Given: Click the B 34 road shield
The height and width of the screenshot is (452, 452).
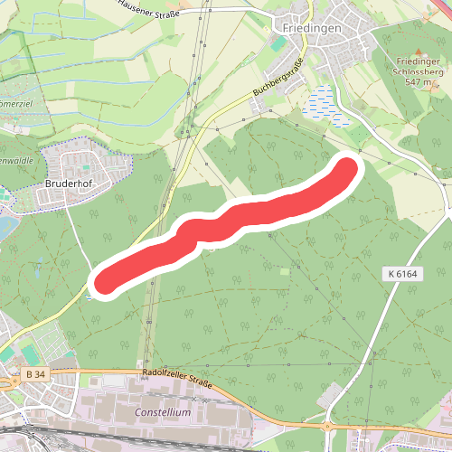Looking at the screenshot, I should (35, 374).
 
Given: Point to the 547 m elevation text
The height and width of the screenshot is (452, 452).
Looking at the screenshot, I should (419, 81).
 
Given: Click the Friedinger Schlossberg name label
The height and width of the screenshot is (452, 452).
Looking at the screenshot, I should (417, 67).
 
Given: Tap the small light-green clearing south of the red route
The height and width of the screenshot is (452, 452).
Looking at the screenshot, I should (286, 270).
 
